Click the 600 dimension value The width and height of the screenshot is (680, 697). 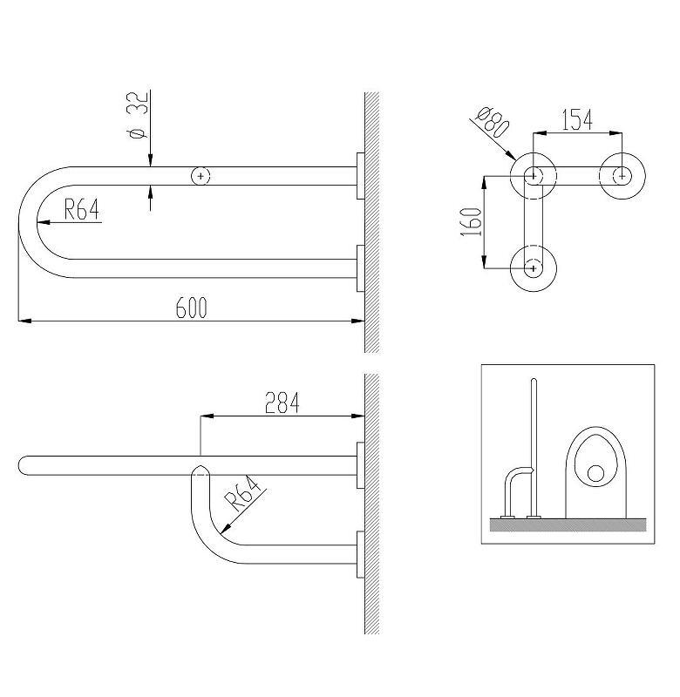point(191,308)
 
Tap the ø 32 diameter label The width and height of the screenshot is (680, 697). point(138,115)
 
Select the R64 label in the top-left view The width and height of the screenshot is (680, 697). point(81,209)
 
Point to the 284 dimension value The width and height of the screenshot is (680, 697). point(282,403)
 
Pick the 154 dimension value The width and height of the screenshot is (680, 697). point(577,119)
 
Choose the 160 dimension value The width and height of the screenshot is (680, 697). point(472,222)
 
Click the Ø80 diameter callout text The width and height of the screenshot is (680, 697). point(492,121)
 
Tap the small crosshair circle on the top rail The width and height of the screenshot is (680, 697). point(201,176)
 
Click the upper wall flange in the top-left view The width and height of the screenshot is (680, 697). point(360,176)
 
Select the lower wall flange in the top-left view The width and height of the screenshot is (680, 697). point(360,268)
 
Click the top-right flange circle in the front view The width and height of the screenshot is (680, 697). point(622,176)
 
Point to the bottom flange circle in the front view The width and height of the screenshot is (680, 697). point(534,268)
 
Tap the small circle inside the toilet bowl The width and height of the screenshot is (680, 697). point(595,473)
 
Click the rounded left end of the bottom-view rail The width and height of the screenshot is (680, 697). point(24,465)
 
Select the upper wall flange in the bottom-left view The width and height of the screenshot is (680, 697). point(360,465)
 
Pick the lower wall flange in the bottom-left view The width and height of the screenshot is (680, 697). point(360,554)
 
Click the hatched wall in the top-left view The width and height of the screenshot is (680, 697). point(371,222)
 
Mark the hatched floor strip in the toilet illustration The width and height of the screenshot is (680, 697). point(568,525)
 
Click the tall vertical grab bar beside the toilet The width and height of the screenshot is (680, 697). point(534,448)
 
